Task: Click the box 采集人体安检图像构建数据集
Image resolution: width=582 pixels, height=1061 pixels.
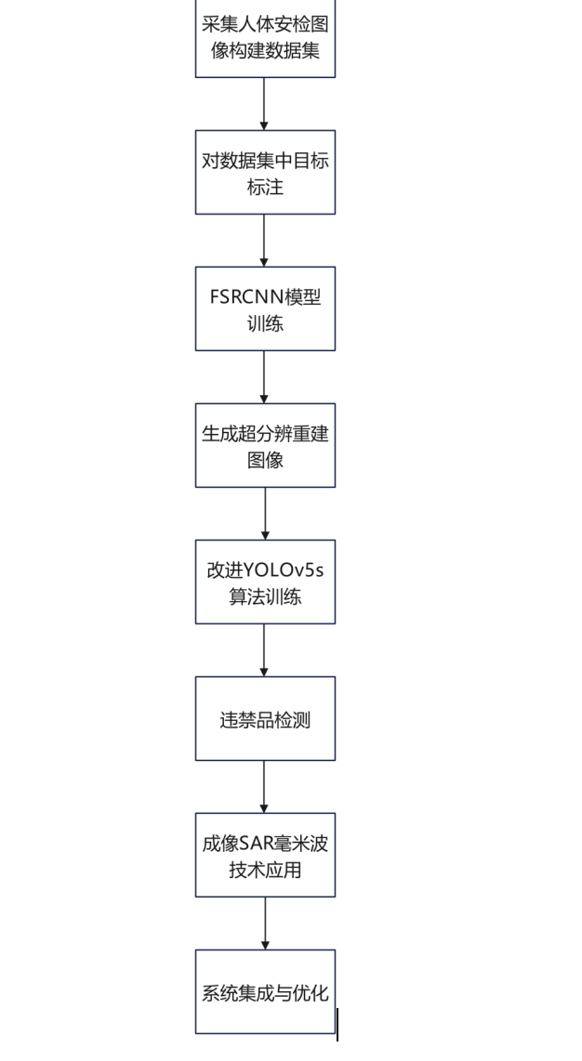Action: click(265, 38)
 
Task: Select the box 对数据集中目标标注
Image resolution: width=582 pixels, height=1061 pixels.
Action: click(265, 173)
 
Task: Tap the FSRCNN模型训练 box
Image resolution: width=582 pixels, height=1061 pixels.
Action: click(265, 308)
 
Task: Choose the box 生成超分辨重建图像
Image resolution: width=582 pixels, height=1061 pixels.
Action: click(265, 445)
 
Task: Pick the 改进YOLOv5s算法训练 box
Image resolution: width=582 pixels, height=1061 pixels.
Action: click(265, 582)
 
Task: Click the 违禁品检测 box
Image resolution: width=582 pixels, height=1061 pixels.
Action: click(265, 718)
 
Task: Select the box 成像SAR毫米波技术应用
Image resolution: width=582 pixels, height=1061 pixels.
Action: click(265, 856)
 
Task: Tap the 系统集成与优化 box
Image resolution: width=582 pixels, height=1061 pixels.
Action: click(265, 992)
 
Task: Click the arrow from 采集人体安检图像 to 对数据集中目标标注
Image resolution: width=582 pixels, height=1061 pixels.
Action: click(264, 104)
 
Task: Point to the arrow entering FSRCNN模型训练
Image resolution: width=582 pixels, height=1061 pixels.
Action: click(264, 241)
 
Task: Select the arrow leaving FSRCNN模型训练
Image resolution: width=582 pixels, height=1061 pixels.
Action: click(264, 377)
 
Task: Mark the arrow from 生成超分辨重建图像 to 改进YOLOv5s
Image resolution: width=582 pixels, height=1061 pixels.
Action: click(265, 514)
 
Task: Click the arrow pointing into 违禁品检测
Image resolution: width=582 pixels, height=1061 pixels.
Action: click(264, 650)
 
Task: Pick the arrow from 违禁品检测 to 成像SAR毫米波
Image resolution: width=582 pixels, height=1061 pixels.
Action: click(264, 787)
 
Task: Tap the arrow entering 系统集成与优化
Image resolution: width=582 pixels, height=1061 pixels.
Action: click(265, 923)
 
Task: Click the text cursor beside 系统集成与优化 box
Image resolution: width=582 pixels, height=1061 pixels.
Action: click(337, 1024)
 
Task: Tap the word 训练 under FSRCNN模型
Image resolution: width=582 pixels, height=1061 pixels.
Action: click(265, 323)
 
